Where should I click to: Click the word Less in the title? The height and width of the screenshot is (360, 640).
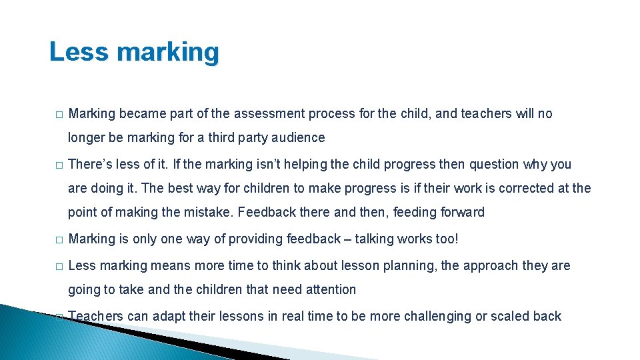point(75,52)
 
